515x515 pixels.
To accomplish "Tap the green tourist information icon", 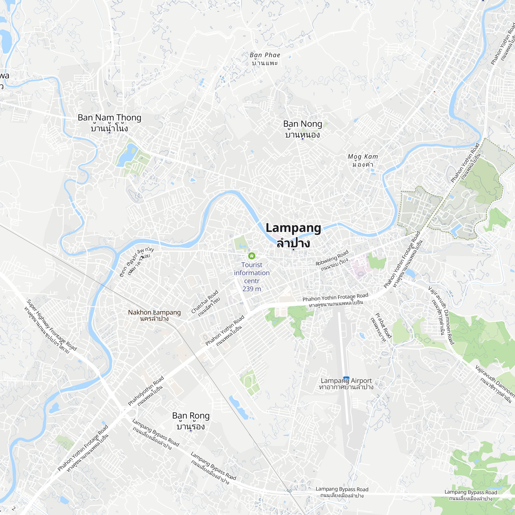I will [252, 256].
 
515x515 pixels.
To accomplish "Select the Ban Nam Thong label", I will [109, 118].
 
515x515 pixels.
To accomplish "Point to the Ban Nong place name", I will [303, 124].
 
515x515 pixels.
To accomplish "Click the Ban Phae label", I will [265, 55].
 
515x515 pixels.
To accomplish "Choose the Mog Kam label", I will [363, 157].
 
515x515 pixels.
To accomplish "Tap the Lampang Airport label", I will [346, 381].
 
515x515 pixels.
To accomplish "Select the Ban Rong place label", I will [191, 416].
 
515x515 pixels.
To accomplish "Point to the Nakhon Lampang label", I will [154, 312].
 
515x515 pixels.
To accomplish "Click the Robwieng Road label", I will [332, 257].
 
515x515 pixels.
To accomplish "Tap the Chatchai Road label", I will [204, 302].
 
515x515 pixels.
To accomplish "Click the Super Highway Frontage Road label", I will [51, 325].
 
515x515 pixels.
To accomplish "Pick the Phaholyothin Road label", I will [145, 391].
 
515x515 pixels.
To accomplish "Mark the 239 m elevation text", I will [252, 289].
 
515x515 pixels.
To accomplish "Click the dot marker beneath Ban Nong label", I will [302, 139].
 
